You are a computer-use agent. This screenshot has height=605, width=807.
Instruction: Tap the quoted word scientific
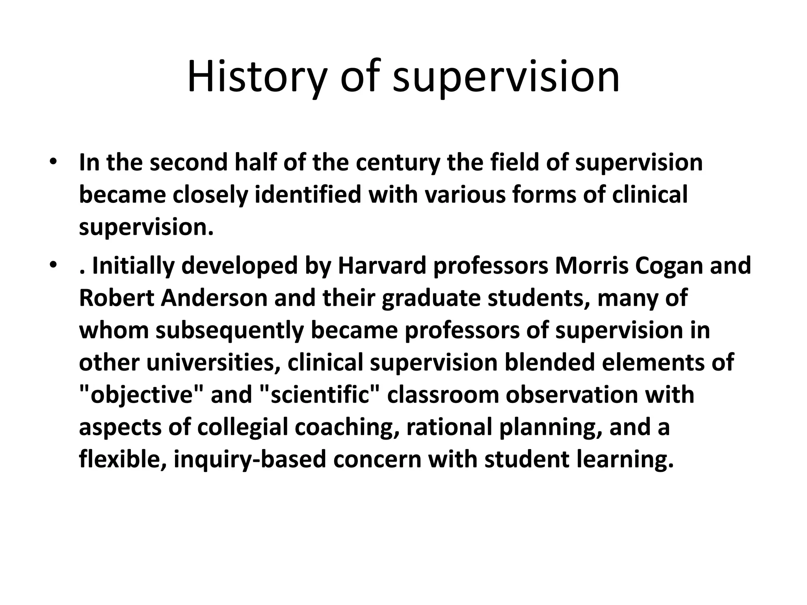pyautogui.click(x=320, y=395)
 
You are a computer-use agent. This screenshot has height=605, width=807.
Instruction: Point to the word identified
pyautogui.click(x=308, y=195)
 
